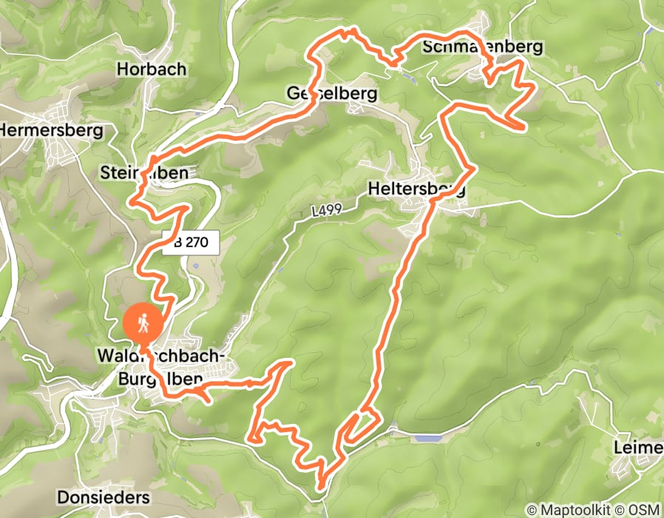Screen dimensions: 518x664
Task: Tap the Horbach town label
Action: click(152, 70)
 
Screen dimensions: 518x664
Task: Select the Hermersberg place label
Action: click(50, 131)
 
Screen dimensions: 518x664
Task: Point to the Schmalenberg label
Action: click(483, 47)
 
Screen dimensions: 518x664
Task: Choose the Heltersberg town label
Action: click(416, 189)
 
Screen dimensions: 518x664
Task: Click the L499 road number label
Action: click(327, 212)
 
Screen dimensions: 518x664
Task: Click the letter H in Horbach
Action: click(123, 70)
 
